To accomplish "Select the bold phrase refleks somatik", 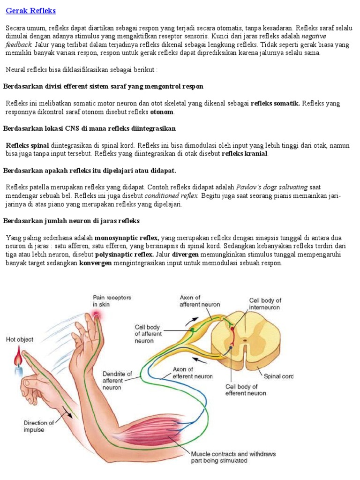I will point(275,103).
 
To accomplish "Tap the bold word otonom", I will point(162,112).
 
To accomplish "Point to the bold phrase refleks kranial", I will point(245,154).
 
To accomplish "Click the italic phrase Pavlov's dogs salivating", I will point(272,187).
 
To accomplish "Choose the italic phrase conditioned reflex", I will point(172,195).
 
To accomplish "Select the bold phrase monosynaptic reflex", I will point(127,237).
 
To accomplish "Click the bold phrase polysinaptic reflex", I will point(124,255).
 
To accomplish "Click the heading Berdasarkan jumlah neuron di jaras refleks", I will point(72,220).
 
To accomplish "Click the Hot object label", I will point(20,339).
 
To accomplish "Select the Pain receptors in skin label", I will point(112,300).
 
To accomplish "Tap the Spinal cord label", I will point(278,376).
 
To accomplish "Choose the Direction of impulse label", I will point(38,426).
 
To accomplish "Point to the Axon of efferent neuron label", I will point(192,373).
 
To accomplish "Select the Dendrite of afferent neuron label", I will point(117,381).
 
